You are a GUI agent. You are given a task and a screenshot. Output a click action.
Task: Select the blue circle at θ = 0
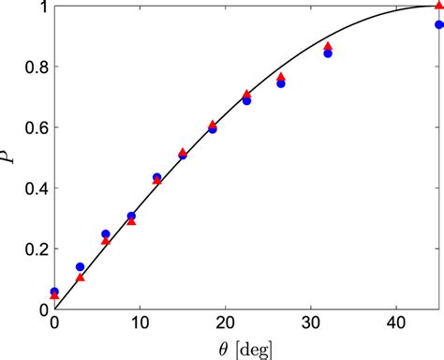coord(54,292)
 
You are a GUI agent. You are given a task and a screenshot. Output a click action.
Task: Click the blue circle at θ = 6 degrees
coord(106,234)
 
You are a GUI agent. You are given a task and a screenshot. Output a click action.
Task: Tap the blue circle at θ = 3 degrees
coord(80,267)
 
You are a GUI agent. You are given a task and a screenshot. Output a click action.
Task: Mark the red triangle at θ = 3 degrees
coord(80,277)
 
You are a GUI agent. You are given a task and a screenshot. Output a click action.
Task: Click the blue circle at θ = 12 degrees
coord(156,177)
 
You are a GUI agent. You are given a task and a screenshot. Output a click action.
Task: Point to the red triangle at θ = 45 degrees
coord(439,7)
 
